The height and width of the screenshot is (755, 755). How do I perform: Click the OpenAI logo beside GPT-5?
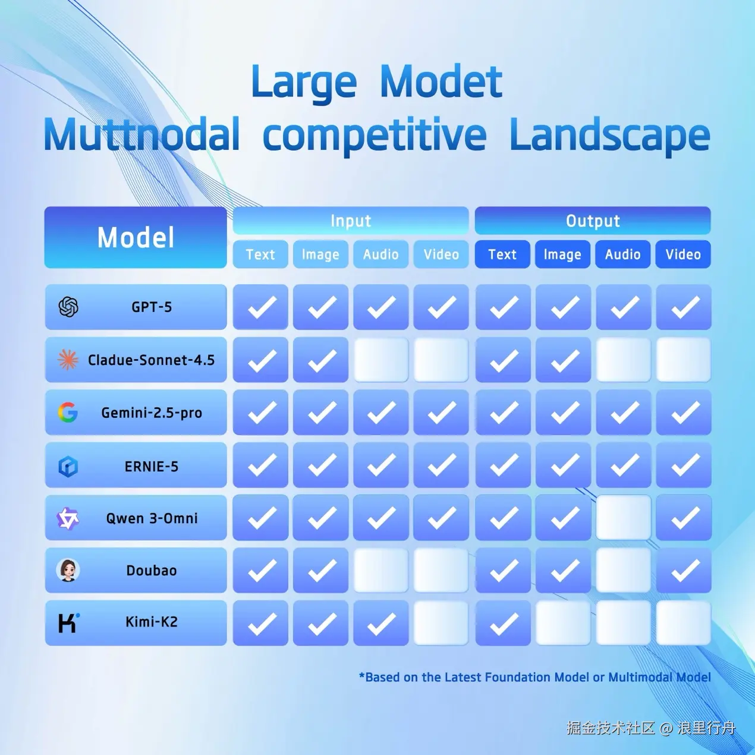(68, 307)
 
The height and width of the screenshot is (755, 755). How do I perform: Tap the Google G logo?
(68, 413)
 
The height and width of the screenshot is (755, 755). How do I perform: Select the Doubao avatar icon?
(68, 570)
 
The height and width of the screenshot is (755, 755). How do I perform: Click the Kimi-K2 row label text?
(151, 622)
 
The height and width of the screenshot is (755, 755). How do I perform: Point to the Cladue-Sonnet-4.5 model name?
(151, 360)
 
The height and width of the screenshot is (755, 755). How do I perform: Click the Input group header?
(351, 221)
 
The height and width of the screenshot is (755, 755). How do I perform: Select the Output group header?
(593, 221)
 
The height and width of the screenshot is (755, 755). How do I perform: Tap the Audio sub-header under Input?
(381, 254)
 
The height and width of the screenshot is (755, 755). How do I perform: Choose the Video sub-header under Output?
(683, 254)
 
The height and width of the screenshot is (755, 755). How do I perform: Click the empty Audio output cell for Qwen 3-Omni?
(624, 518)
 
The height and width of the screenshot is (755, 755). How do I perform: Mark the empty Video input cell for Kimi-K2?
(441, 623)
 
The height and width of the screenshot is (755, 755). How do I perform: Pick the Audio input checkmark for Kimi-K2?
(381, 623)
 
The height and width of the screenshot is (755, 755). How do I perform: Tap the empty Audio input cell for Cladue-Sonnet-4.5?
(381, 360)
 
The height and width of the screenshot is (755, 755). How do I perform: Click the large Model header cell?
(136, 237)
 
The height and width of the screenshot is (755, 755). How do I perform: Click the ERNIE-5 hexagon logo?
(68, 466)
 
